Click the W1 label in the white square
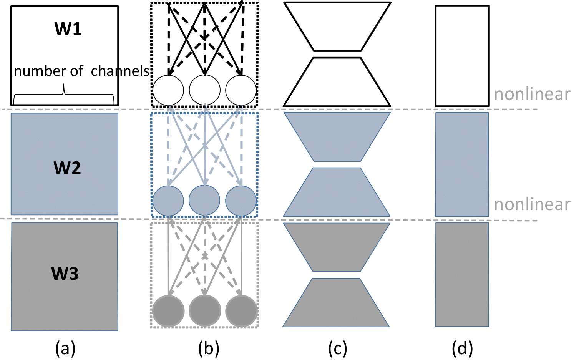[68, 29]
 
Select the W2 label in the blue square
[67, 168]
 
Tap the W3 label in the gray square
[65, 274]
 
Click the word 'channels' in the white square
[120, 71]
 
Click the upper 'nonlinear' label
[532, 94]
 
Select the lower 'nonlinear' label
[532, 204]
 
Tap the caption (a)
[65, 348]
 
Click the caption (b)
[209, 348]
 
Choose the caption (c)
[337, 348]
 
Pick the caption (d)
[462, 348]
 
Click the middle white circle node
[205, 90]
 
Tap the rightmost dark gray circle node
[241, 311]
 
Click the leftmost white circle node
[168, 90]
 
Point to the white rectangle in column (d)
[462, 56]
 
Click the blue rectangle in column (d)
[462, 164]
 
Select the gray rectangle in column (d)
[462, 275]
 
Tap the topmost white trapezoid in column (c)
[337, 25]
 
